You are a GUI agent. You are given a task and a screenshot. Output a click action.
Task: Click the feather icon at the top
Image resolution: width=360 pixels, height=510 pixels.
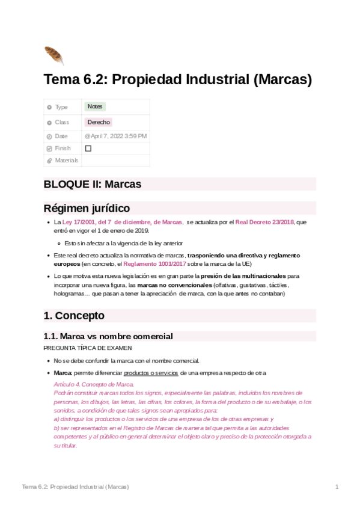tap(53, 55)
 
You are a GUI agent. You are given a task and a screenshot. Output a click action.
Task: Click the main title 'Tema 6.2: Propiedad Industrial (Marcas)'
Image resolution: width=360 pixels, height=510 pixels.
tap(178, 79)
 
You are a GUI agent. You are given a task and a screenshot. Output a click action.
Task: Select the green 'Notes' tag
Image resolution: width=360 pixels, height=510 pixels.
tap(95, 106)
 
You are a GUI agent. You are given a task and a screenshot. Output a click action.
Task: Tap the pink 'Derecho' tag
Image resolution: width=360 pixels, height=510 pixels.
tap(99, 122)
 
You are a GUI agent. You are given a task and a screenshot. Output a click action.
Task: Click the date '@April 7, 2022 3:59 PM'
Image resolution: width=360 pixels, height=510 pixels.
tap(115, 137)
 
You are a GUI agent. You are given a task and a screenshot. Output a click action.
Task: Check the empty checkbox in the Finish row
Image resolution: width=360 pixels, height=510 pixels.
tap(88, 148)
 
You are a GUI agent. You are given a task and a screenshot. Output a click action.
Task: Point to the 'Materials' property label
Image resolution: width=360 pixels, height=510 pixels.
tap(67, 161)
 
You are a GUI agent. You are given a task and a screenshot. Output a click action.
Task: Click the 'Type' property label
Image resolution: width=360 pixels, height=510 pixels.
tap(61, 107)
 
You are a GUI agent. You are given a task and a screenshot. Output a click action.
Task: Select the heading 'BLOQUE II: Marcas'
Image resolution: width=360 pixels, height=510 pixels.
tap(93, 184)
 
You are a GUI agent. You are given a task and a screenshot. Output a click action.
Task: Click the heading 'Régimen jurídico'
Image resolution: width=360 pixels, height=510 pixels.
tap(87, 209)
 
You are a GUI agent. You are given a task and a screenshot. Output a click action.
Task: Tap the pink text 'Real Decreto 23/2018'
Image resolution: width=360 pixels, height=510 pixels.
tap(264, 222)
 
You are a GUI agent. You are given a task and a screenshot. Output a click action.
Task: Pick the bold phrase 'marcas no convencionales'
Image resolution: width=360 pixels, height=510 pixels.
tap(174, 284)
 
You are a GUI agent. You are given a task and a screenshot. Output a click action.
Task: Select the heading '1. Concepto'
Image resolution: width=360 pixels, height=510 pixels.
tap(74, 316)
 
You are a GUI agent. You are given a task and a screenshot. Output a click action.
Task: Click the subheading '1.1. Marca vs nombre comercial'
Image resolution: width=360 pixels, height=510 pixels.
tap(108, 336)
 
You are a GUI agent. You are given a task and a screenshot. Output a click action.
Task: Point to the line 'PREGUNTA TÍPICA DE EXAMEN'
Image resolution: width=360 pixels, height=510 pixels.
tap(88, 348)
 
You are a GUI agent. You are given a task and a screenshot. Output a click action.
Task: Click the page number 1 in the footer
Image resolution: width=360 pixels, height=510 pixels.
tap(337, 486)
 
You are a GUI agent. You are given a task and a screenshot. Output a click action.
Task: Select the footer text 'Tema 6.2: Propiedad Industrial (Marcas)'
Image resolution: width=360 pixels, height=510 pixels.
tap(75, 486)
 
